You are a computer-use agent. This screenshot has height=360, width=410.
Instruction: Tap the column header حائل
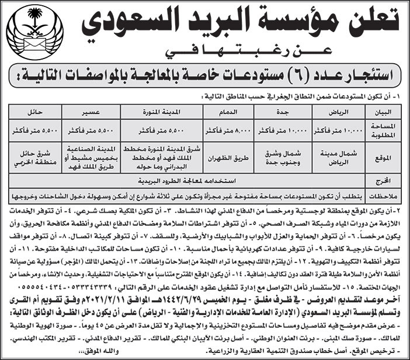click(x=33, y=111)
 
